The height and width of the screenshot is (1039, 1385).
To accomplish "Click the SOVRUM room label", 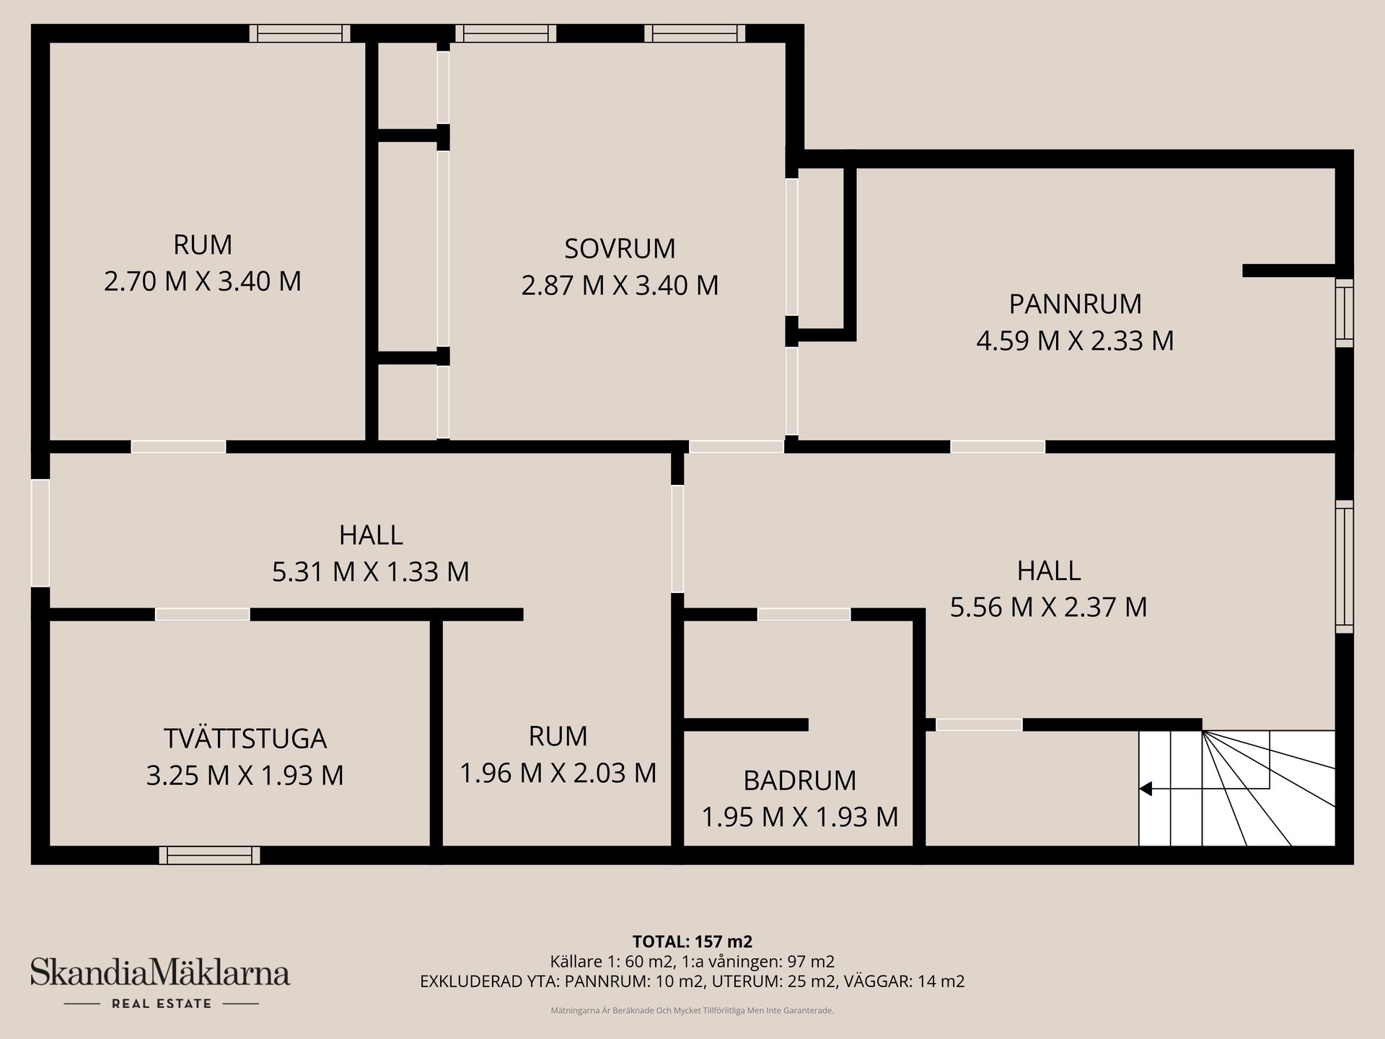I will click(x=620, y=249).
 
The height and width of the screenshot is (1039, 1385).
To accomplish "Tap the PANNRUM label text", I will click(x=1075, y=304).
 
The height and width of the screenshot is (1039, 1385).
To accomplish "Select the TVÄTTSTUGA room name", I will click(x=245, y=739).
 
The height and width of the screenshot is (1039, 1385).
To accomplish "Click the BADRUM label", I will click(x=800, y=781).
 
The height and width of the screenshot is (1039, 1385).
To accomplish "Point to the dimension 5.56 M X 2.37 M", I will click(x=1048, y=608).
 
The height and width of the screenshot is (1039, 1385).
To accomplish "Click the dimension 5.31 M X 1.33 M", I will click(x=371, y=572).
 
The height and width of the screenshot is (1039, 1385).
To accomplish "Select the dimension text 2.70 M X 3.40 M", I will click(x=203, y=281).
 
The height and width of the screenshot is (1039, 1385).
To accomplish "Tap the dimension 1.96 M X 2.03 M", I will click(x=558, y=773).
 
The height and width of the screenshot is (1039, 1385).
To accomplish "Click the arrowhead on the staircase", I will click(x=1145, y=789).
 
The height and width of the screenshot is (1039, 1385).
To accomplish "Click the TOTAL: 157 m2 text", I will click(x=692, y=942).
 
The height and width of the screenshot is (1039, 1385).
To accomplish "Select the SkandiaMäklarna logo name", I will click(x=160, y=973).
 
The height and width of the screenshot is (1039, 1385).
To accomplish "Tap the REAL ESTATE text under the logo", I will click(x=162, y=1004).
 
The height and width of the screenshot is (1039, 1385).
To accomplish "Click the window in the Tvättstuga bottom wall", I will click(x=209, y=856).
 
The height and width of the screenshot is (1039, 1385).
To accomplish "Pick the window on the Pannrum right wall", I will click(x=1344, y=312).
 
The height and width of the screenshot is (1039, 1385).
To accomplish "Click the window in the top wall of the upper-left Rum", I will click(x=299, y=33).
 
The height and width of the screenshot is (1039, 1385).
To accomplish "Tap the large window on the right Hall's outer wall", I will click(x=1344, y=566).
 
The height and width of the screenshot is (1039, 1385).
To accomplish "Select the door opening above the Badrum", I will click(x=804, y=615).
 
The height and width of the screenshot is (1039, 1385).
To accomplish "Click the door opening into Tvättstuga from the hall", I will click(x=203, y=615).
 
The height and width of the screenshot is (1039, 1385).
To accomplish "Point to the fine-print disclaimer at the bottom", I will click(x=692, y=1011).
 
